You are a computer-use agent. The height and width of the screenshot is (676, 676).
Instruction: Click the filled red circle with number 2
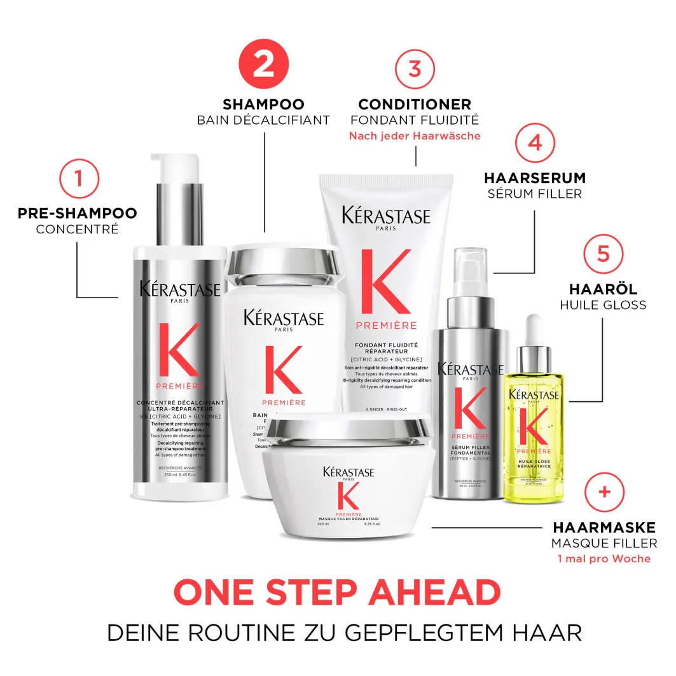pyautogui.click(x=263, y=64)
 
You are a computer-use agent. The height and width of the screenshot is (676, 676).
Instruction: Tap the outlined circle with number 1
pyautogui.click(x=78, y=177)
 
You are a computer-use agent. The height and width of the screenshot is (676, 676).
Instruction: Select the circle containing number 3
pyautogui.click(x=415, y=68)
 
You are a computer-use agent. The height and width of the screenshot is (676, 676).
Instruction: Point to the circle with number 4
pyautogui.click(x=535, y=142)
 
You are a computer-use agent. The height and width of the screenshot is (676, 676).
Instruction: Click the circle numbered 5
pyautogui.click(x=604, y=253)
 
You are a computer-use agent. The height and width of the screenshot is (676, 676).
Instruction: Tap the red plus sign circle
pyautogui.click(x=604, y=492)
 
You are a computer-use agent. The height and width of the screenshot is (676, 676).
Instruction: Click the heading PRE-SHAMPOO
pyautogui.click(x=78, y=213)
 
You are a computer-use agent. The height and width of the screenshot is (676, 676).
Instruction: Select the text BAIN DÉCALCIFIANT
pyautogui.click(x=263, y=120)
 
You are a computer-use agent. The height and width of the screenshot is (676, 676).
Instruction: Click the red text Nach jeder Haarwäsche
pyautogui.click(x=415, y=136)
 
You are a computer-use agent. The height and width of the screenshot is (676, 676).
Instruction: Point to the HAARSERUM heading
pyautogui.click(x=535, y=178)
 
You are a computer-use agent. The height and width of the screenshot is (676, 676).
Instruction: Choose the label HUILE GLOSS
pyautogui.click(x=603, y=305)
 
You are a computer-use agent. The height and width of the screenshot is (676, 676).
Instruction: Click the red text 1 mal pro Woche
pyautogui.click(x=604, y=559)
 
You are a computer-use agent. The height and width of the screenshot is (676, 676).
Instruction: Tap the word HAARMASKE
pyautogui.click(x=604, y=528)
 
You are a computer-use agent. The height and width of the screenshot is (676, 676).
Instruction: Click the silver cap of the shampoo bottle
pyautogui.click(x=285, y=263)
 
